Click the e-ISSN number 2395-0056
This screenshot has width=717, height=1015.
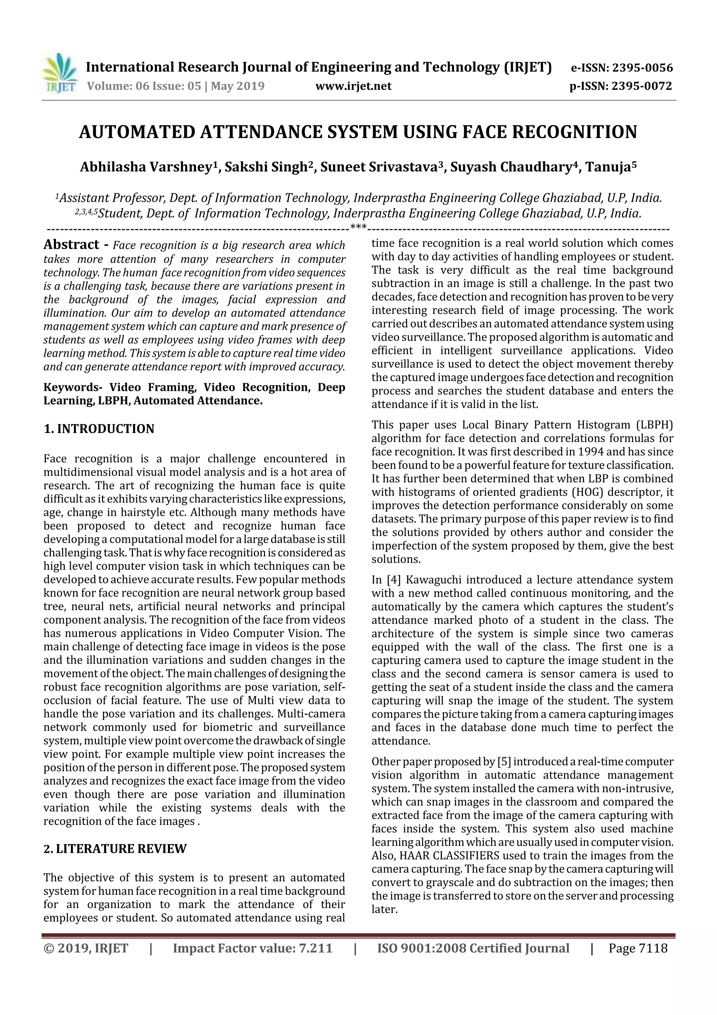(x=642, y=68)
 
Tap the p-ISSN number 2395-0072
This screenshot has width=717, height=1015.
(x=641, y=86)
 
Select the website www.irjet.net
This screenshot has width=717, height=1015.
(x=353, y=86)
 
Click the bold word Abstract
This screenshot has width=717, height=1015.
(x=71, y=245)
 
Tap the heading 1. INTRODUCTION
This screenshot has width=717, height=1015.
(x=99, y=429)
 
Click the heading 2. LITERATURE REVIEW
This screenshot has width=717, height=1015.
(x=115, y=849)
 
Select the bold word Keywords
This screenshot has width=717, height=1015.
(x=71, y=387)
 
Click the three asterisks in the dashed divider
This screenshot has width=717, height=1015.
(x=358, y=228)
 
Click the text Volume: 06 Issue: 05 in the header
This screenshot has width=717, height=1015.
(x=144, y=86)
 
